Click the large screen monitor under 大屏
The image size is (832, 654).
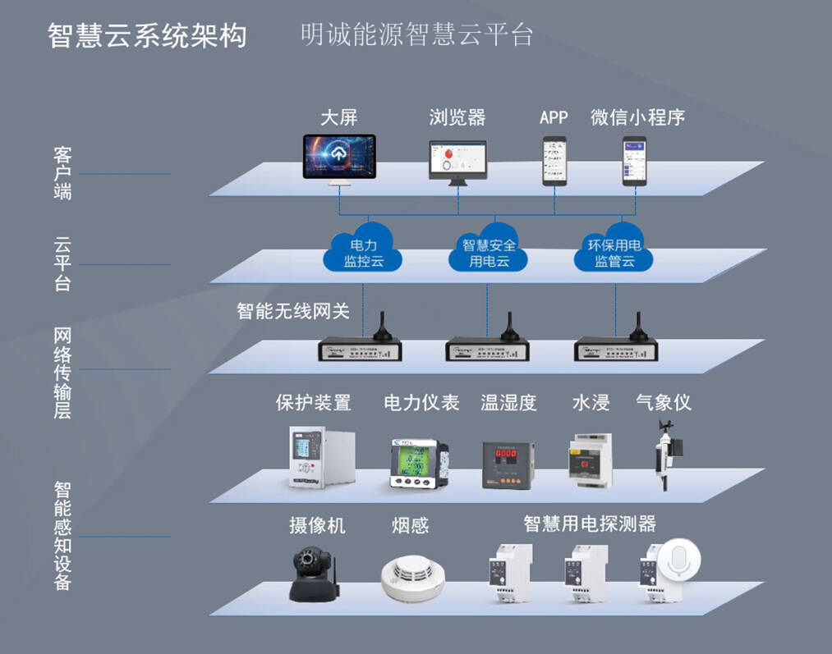[x=339, y=158]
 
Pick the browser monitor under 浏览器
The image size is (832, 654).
[x=457, y=161]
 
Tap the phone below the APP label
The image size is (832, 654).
[x=554, y=160]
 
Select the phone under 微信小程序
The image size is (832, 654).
[x=636, y=160]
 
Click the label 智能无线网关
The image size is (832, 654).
[x=293, y=311]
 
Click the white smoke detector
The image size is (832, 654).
[x=412, y=578]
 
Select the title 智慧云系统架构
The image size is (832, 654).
[x=147, y=36]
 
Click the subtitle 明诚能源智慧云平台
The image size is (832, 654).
[x=416, y=34]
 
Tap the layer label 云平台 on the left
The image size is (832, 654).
[x=62, y=264]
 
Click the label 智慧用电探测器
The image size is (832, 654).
[x=590, y=523]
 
